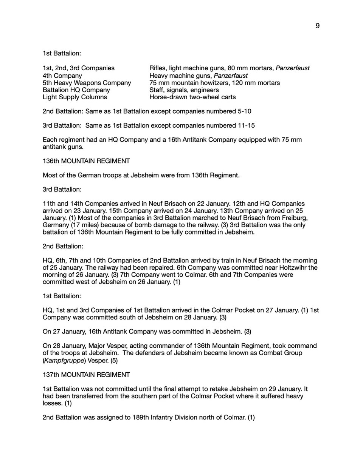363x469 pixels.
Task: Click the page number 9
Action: (x=317, y=26)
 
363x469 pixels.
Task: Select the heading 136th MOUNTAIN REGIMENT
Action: (x=86, y=161)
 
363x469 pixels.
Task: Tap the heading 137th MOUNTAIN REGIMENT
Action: (x=86, y=375)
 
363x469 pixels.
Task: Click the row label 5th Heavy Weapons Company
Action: (x=87, y=83)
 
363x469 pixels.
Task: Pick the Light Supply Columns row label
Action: (x=74, y=97)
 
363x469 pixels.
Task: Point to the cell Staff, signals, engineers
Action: (x=184, y=90)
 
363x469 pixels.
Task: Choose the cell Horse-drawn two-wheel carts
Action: (x=192, y=97)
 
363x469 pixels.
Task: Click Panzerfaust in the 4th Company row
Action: (x=231, y=76)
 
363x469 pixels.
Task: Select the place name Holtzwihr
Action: (x=295, y=268)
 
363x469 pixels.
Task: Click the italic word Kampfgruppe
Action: (x=62, y=360)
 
